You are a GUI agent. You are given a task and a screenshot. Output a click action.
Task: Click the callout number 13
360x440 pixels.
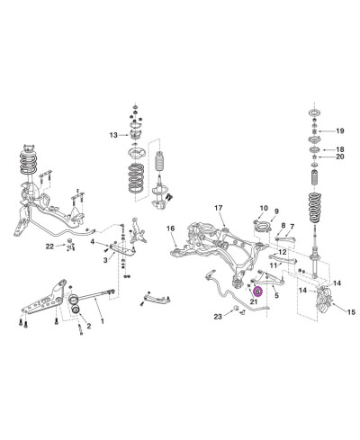(x=113, y=135)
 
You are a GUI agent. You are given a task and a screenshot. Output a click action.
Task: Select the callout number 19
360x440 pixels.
(x=339, y=131)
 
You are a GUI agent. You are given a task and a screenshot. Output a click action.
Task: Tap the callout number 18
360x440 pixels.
(x=339, y=149)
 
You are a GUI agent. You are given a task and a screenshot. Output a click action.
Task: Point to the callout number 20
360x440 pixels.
(x=340, y=157)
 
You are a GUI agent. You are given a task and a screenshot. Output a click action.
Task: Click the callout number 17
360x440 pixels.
(x=219, y=208)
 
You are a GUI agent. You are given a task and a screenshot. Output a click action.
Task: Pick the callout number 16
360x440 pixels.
(x=170, y=229)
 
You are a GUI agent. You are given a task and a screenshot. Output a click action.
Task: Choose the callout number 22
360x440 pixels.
(x=49, y=247)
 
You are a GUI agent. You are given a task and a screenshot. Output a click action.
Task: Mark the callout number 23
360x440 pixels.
(x=218, y=317)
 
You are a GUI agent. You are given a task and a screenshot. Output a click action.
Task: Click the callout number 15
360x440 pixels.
(x=351, y=312)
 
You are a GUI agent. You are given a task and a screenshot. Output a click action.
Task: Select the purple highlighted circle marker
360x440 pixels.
(x=258, y=291)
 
